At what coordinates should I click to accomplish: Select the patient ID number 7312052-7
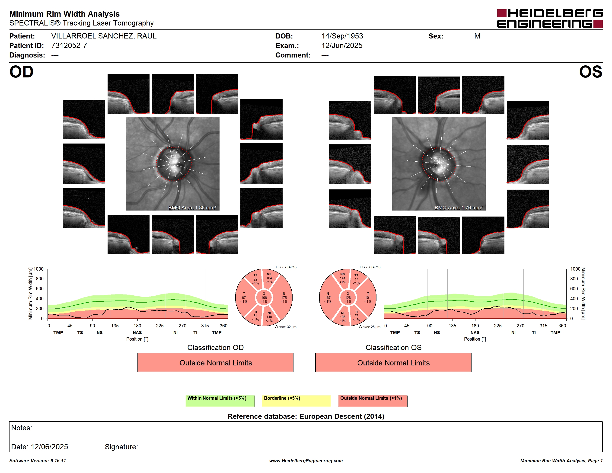69,45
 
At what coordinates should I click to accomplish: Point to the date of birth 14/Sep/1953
342,36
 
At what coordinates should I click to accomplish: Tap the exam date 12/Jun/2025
342,45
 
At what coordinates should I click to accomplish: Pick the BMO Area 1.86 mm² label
192,208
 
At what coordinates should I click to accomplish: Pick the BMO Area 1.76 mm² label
459,208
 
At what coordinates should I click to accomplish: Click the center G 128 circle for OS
348,297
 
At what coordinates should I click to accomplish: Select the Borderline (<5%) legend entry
296,401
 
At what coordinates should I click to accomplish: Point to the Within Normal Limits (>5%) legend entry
220,401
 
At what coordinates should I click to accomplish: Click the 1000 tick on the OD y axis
39,269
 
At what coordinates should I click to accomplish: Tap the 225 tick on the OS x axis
498,326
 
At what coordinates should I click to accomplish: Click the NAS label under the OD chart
137,333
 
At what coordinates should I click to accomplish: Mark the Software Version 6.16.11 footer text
38,461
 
